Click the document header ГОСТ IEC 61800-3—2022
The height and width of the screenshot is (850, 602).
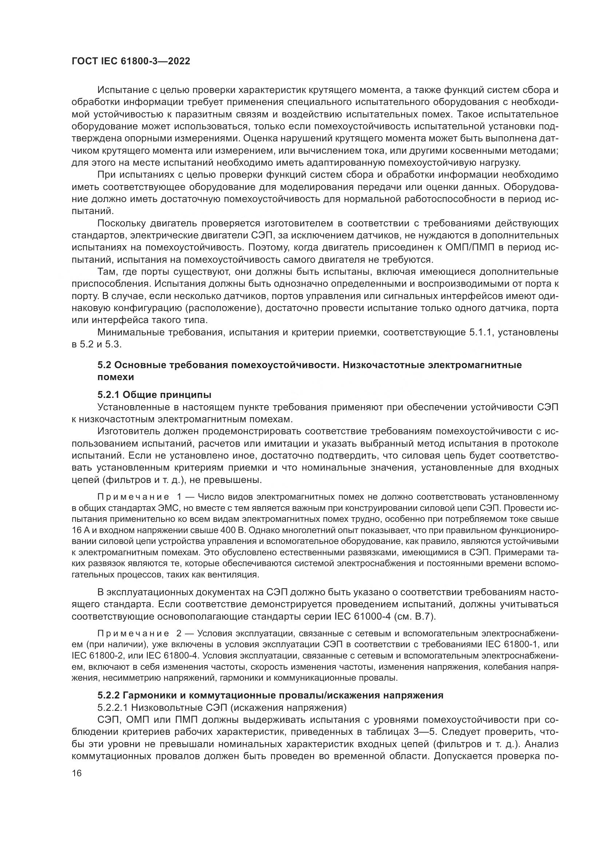(131, 61)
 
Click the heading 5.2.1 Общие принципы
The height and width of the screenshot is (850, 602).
(155, 394)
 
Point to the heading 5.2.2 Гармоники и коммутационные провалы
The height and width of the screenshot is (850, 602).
(270, 695)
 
